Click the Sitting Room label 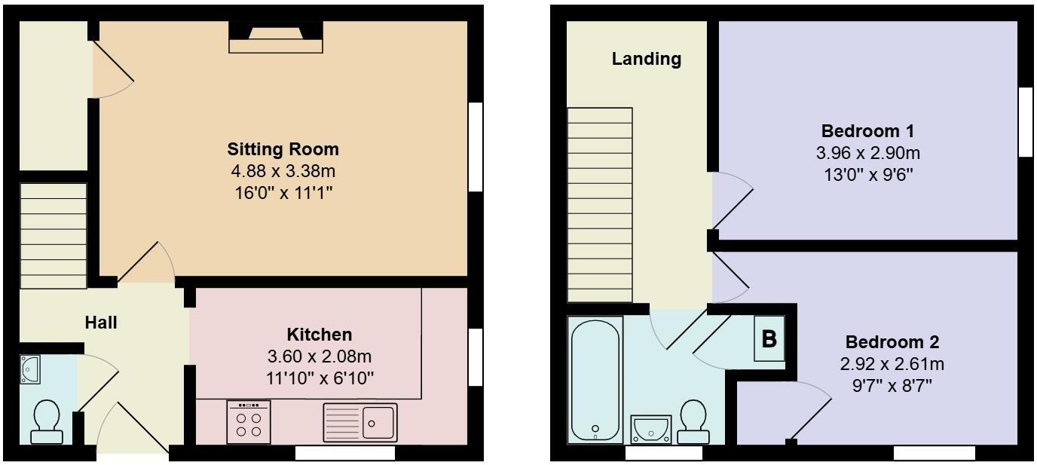coord(283,148)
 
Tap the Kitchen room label coord(319,335)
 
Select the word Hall coord(100,323)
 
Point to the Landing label coord(646,59)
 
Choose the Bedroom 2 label coord(892,342)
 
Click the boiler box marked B coord(769,339)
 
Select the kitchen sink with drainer coord(359,422)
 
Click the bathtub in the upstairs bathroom coord(595,379)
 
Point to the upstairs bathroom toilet coord(693,422)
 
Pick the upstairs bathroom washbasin coord(649,428)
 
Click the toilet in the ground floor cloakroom coord(47,420)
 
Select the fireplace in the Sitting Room coord(276,38)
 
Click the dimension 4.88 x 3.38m coord(283,171)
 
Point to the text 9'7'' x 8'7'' coord(892,387)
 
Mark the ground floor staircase coord(54,236)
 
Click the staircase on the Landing coord(600,203)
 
